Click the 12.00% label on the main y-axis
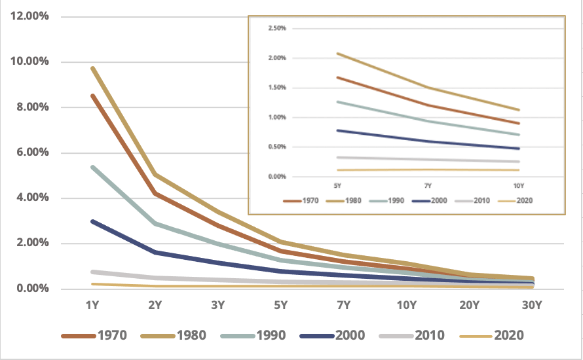point(30,16)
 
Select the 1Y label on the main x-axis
point(93,305)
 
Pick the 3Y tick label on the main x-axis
point(218,305)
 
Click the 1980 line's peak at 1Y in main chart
point(93,68)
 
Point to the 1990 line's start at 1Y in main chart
point(93,167)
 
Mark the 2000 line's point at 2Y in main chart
point(155,252)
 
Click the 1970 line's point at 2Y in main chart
point(155,193)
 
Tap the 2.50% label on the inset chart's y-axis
point(277,29)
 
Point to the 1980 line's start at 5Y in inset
point(337,54)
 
